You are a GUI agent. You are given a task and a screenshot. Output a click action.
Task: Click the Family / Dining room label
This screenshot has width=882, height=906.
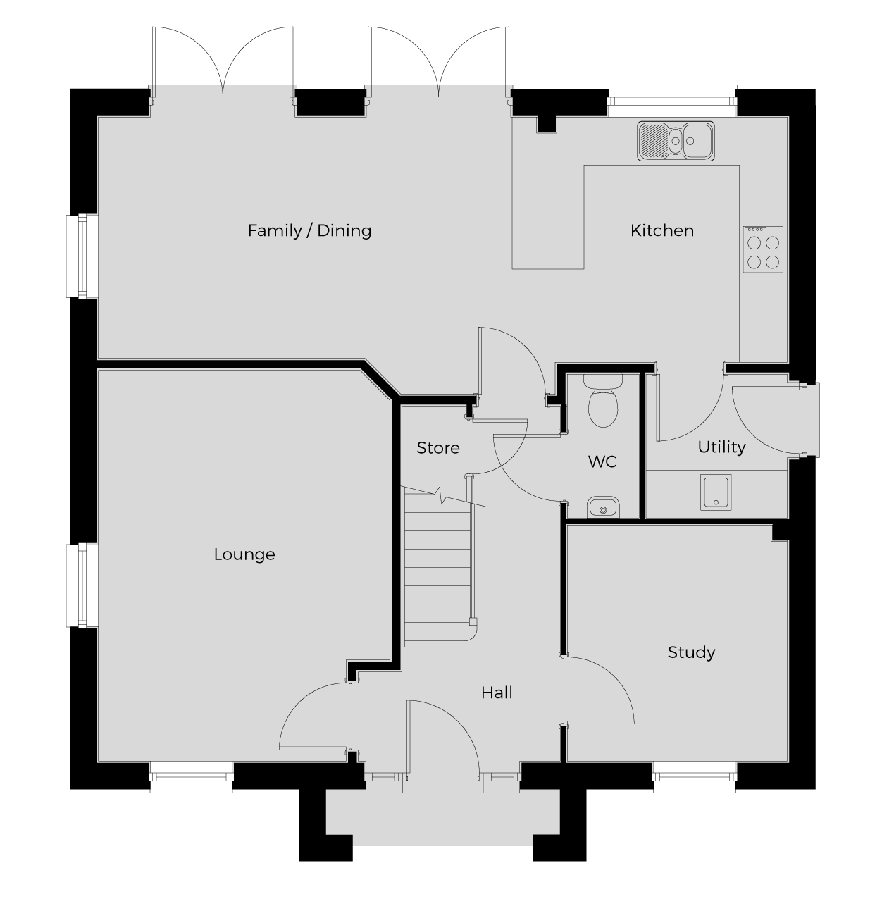309,230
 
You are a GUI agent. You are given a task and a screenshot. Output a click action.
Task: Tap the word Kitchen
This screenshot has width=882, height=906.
661,230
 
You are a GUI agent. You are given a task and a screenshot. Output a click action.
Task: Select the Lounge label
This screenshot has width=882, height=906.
244,554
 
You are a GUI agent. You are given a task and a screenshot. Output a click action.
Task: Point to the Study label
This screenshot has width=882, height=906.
691,652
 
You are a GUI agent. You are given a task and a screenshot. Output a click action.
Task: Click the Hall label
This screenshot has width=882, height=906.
497,693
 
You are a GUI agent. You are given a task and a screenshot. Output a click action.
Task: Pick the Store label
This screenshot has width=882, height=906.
438,448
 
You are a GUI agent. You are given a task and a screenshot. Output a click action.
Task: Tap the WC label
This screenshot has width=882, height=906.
602,461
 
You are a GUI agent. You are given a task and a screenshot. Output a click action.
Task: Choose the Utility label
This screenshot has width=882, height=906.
721,447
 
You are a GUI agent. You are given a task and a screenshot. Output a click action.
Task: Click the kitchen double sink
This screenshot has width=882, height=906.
676,141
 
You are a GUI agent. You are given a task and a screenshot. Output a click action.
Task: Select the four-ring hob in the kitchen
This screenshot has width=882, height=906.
763,249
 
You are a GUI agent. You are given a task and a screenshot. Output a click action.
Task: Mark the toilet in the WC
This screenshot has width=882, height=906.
603,401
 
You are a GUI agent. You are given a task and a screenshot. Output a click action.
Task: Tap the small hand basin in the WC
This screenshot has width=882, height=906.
603,507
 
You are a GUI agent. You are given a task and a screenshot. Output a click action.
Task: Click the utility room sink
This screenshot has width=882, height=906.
715,492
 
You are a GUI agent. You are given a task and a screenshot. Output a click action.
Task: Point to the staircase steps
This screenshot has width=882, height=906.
438,568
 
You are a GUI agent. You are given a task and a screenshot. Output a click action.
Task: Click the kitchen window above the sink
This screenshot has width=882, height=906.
672,101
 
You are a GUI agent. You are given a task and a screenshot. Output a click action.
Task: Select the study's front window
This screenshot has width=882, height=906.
694,777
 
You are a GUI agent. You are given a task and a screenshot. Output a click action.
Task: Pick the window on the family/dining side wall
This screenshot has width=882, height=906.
82,256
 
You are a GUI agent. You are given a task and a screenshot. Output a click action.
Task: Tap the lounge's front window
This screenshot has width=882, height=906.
191,777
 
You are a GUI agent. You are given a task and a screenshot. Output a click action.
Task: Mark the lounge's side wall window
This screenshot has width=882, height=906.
82,585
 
